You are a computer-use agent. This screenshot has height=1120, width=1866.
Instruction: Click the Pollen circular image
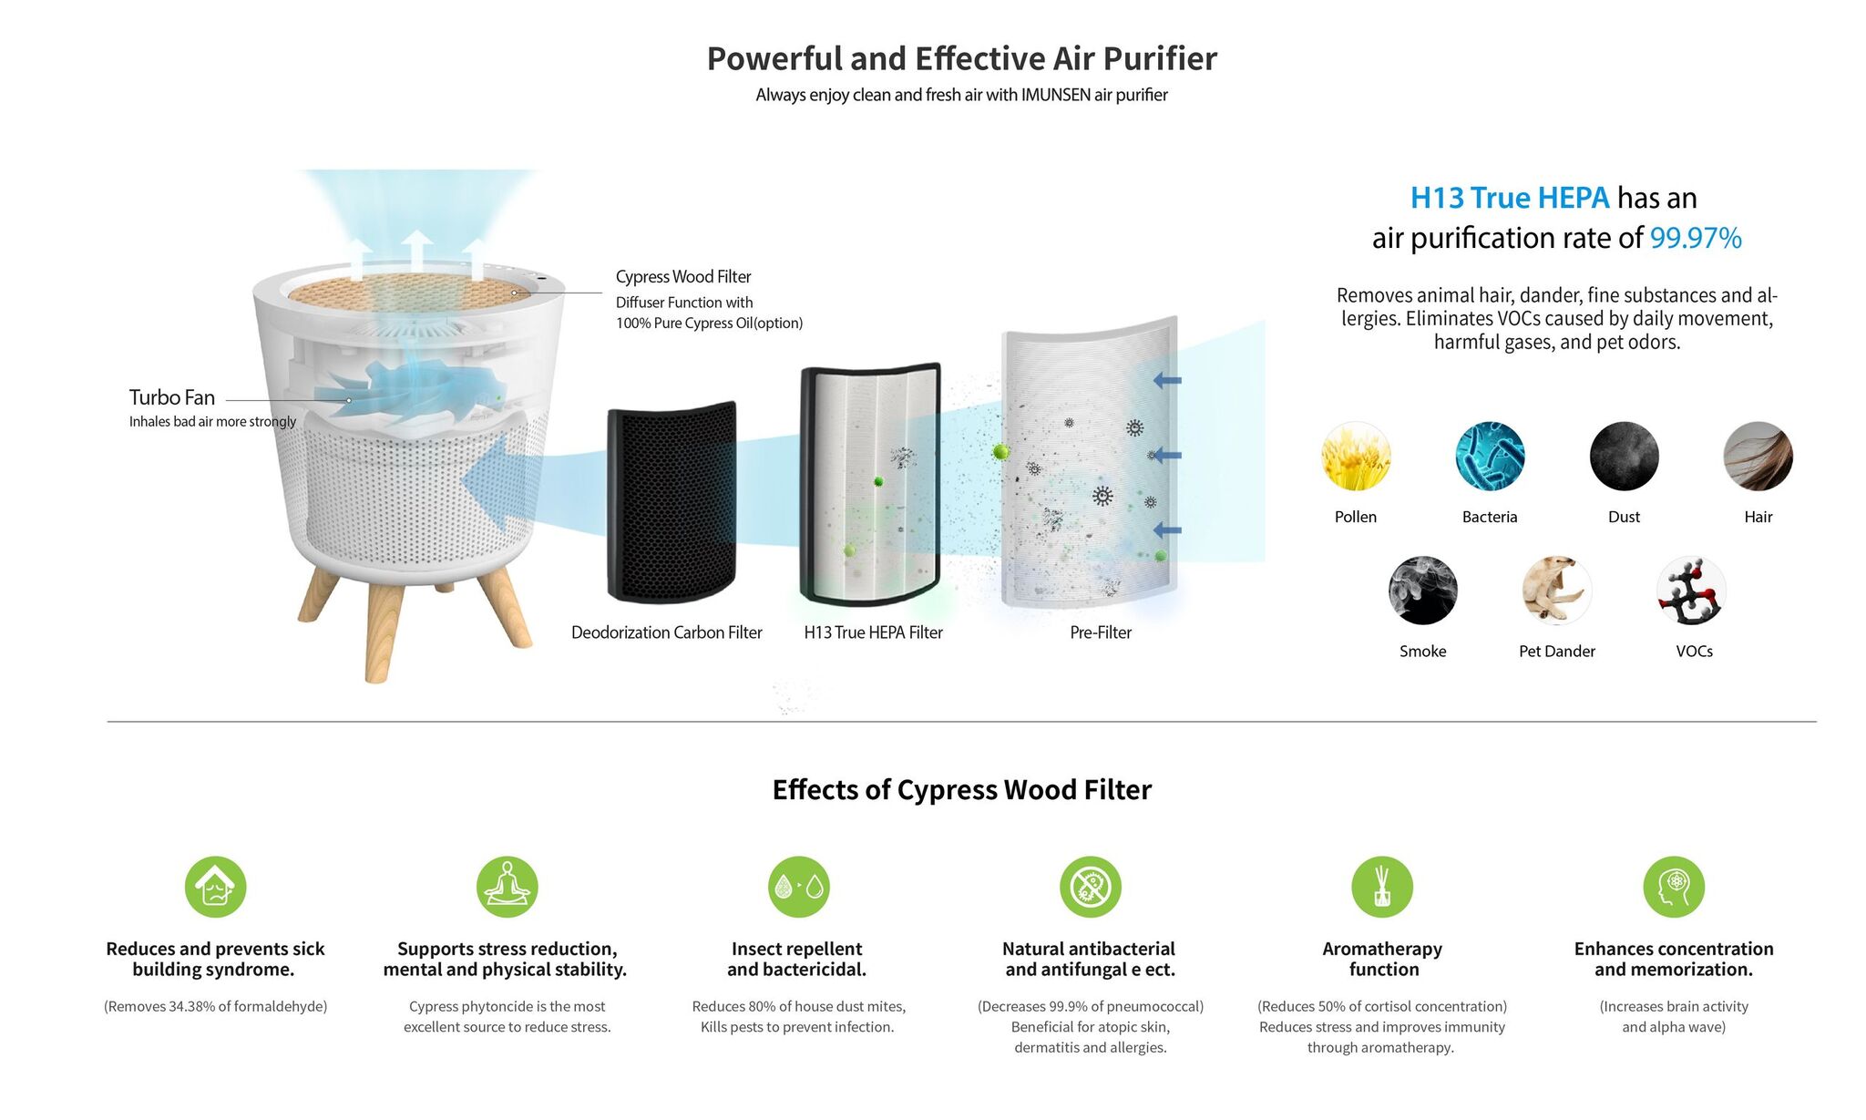(x=1356, y=456)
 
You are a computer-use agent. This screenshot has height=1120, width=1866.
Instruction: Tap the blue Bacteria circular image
(x=1490, y=456)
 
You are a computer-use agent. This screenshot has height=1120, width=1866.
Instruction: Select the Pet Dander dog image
(x=1557, y=591)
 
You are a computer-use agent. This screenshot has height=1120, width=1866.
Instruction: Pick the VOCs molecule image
(x=1692, y=591)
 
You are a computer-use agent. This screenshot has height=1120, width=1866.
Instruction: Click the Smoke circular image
(x=1423, y=591)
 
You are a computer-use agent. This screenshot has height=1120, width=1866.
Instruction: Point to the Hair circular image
(x=1758, y=456)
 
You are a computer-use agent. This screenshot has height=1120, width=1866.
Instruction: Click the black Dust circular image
(x=1625, y=456)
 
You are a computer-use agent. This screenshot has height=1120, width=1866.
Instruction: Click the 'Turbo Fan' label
(x=172, y=397)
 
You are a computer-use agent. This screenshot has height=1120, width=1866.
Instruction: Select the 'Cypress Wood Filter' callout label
(x=683, y=276)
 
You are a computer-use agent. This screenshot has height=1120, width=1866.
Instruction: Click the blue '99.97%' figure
(x=1696, y=238)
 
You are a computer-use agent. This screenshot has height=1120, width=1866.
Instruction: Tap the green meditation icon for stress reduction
(x=508, y=887)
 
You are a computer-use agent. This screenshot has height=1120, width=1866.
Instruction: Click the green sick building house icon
(x=216, y=887)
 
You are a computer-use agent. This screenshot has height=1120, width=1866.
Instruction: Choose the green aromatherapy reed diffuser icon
(x=1382, y=887)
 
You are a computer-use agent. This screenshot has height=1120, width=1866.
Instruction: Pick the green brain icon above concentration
(x=1674, y=887)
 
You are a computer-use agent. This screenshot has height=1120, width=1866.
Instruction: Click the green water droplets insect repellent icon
(x=799, y=887)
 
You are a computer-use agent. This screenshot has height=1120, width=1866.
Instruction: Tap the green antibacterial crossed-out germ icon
(x=1091, y=887)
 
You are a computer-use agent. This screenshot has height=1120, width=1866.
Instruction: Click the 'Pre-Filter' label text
(x=1101, y=632)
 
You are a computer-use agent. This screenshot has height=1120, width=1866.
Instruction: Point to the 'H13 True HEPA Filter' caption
(x=873, y=632)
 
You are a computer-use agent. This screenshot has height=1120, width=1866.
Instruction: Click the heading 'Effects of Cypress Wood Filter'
(x=962, y=789)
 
